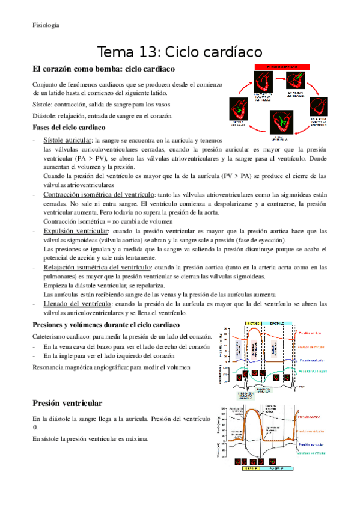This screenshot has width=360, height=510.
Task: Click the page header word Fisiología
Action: pyautogui.click(x=46, y=25)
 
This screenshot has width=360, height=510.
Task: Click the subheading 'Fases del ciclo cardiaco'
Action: pyautogui.click(x=69, y=128)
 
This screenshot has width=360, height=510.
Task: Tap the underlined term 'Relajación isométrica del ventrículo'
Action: pyautogui.click(x=97, y=266)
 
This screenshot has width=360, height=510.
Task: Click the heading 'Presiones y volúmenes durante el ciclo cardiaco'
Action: pyautogui.click(x=102, y=325)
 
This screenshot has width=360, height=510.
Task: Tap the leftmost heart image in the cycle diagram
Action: pyautogui.click(x=237, y=112)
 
